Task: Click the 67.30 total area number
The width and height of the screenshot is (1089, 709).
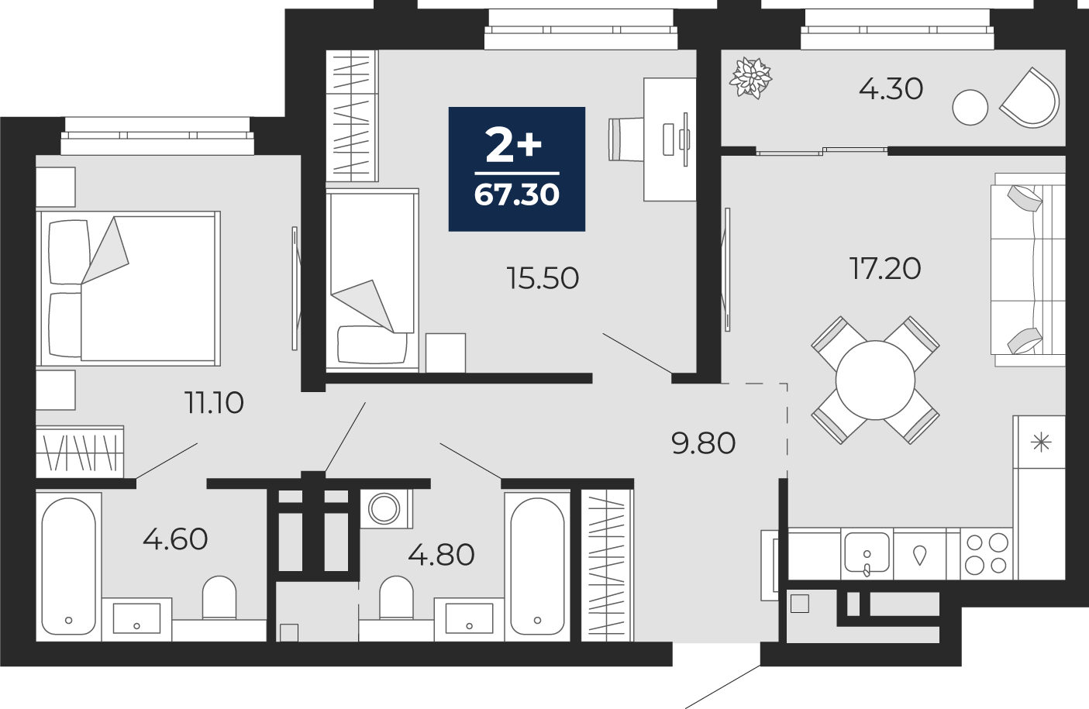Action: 517,195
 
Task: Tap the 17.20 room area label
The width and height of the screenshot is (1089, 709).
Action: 885,269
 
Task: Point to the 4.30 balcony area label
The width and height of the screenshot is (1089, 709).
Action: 891,89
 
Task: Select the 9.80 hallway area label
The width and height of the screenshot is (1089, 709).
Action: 703,444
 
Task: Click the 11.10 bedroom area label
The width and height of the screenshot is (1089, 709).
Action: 214,404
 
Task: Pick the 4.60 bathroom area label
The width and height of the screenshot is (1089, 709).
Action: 175,539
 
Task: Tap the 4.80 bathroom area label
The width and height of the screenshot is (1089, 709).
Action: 441,555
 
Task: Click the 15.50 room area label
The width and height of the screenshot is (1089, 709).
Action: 543,279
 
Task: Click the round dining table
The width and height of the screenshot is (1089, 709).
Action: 875,380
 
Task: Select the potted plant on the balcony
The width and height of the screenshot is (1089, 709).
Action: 750,77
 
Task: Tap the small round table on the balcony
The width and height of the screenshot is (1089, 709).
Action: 970,108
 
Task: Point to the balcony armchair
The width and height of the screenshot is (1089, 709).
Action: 1030,98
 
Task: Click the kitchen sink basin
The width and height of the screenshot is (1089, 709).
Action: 867,552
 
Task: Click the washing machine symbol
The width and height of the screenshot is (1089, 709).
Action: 385,509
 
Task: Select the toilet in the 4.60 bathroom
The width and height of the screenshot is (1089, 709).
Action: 219,597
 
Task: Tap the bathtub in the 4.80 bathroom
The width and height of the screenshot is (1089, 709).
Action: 537,566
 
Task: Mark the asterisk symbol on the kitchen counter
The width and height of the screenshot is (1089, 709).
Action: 1041,442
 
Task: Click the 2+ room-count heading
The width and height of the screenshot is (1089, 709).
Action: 514,146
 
